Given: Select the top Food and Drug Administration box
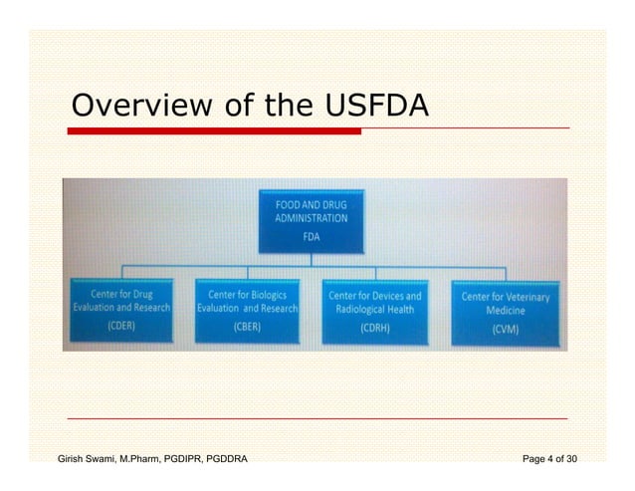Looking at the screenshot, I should (313, 220).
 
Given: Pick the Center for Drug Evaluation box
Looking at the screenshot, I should (122, 311).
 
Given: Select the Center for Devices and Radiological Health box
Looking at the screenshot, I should (375, 311).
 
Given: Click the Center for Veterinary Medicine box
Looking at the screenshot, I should (505, 311).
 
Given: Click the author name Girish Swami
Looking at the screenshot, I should (95, 459).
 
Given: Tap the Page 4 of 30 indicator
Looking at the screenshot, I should (549, 459).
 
